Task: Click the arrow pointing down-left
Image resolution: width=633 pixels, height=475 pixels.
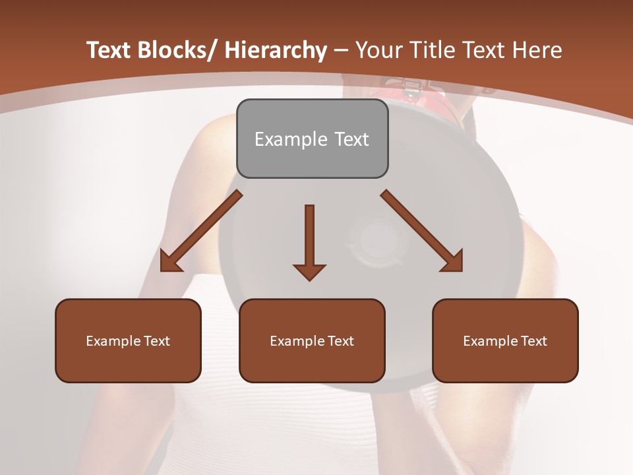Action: pos(201,231)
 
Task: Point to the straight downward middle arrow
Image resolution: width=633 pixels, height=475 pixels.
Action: pos(309,241)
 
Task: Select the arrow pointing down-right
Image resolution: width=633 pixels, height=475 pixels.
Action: pos(422,231)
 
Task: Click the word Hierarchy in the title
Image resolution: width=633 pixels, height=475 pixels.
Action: pos(276,50)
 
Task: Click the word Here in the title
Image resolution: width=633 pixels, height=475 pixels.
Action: pos(538,50)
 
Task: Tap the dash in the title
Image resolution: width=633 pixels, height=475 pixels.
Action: pos(341,50)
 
